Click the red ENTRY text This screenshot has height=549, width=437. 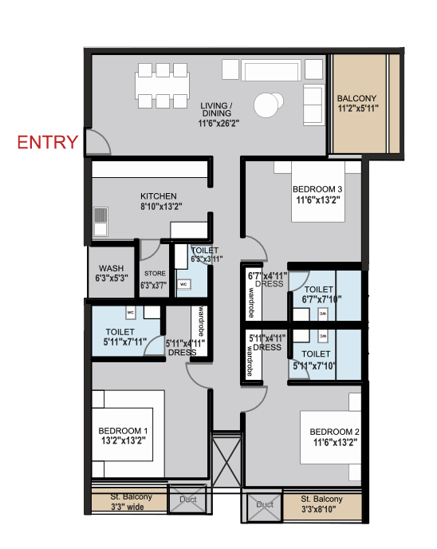[48, 143]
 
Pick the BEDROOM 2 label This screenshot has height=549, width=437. [333, 437]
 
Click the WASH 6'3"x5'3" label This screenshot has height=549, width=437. [111, 274]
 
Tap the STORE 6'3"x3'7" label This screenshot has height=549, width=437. [155, 279]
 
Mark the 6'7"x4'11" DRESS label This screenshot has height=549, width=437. [266, 279]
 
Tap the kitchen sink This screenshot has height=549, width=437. [100, 216]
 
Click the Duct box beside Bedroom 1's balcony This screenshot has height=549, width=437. [188, 500]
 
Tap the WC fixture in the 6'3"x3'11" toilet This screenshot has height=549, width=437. [183, 284]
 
